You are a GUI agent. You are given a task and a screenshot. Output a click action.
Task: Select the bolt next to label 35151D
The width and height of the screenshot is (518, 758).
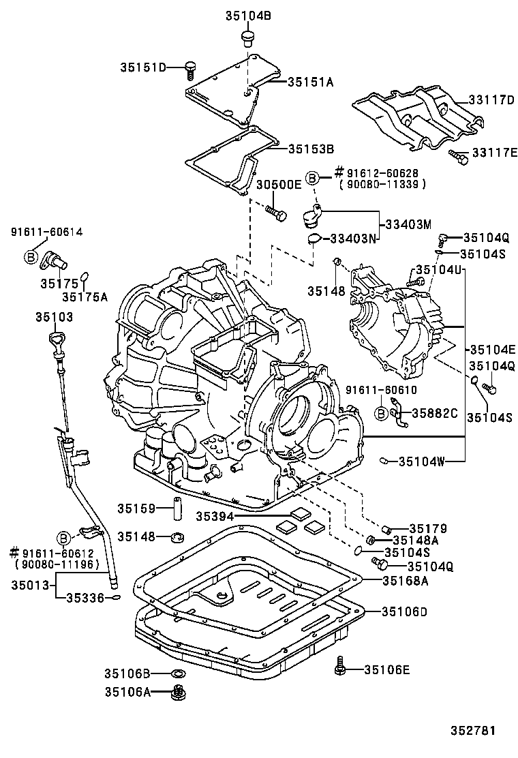(190, 67)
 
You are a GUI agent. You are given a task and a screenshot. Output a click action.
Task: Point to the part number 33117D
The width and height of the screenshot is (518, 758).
(491, 100)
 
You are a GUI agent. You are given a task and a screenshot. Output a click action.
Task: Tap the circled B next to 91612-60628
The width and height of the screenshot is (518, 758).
(312, 177)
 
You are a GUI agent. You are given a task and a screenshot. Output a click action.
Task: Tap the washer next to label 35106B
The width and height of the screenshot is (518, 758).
(179, 674)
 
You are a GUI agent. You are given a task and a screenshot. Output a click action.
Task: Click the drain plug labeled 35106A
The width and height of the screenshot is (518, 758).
(179, 693)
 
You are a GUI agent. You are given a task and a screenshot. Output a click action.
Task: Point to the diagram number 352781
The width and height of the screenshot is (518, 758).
(472, 730)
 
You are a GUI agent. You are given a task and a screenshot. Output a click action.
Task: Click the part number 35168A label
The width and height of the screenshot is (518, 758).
(405, 580)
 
